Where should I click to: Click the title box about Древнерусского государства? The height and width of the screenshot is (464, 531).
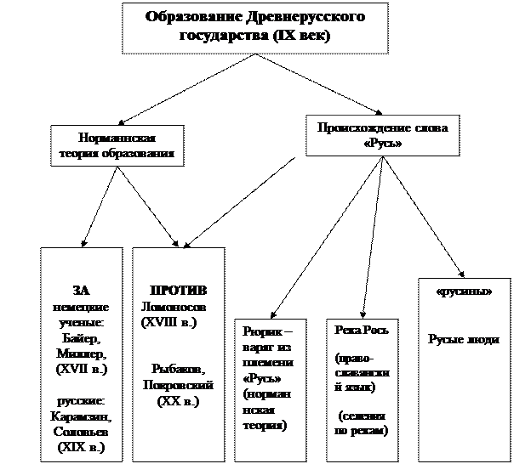[x=238, y=27]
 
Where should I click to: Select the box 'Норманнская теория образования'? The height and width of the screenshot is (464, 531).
[x=117, y=145]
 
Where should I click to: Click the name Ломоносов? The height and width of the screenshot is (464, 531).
[x=173, y=306]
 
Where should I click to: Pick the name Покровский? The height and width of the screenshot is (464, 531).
[x=179, y=385]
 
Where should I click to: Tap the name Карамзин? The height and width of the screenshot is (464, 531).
[x=81, y=416]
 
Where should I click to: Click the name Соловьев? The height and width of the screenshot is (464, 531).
[x=81, y=432]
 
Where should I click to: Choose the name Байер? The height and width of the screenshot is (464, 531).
[x=81, y=337]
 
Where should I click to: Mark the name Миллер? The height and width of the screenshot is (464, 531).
[x=81, y=354]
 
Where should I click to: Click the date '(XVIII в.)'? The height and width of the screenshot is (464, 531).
[x=168, y=322]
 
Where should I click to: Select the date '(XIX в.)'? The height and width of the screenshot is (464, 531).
[x=81, y=447]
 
